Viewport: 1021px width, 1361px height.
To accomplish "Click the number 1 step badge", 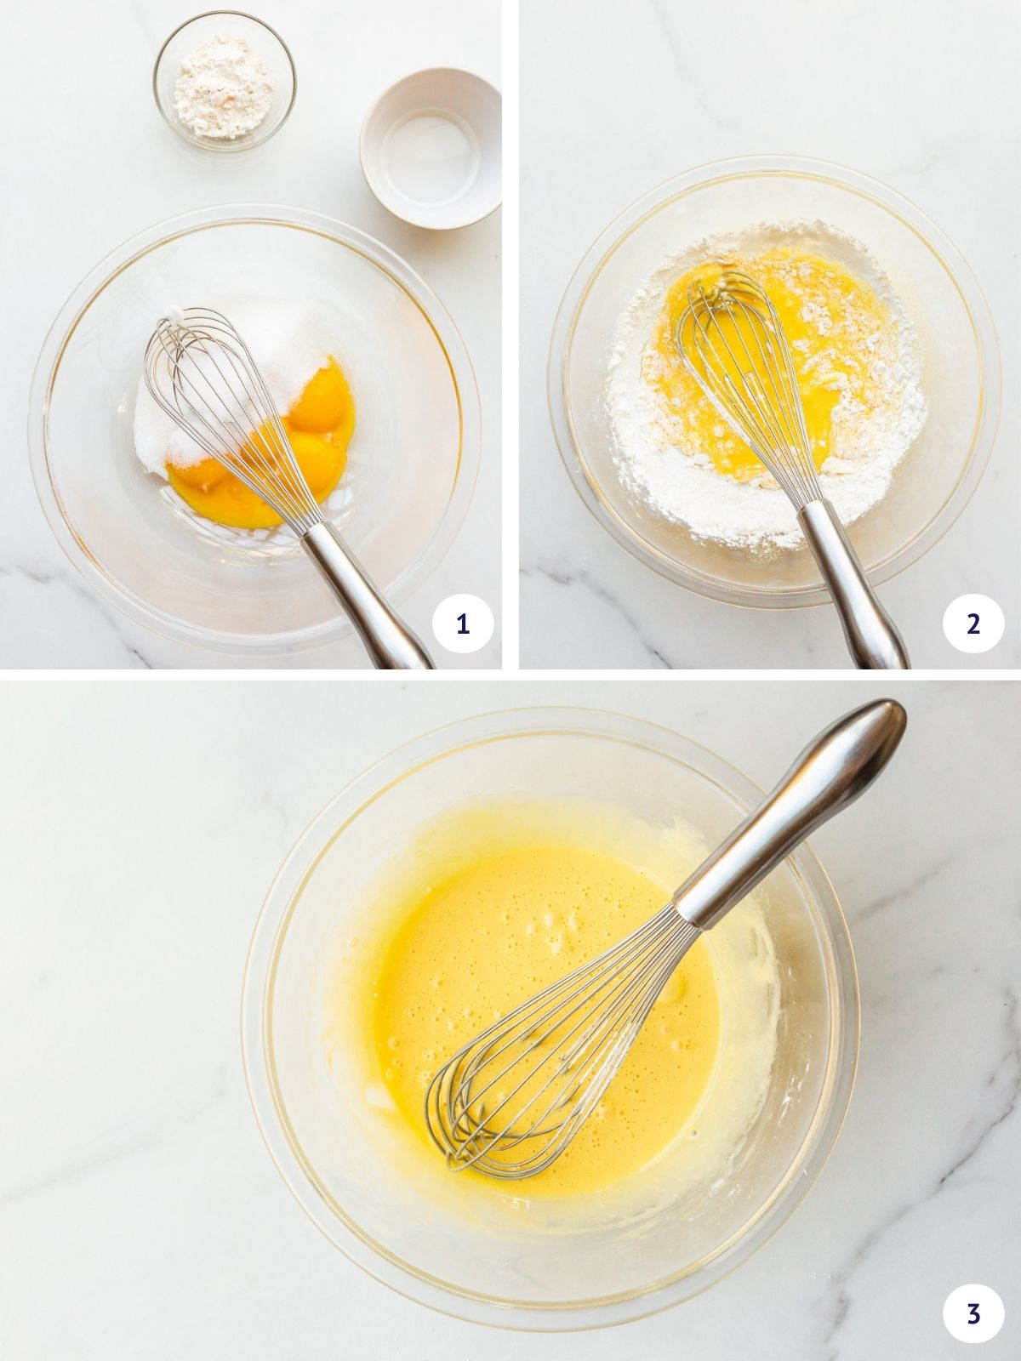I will (x=462, y=625).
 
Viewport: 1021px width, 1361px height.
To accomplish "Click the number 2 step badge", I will (x=973, y=625).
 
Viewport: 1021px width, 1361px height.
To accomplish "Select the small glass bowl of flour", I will (x=225, y=82).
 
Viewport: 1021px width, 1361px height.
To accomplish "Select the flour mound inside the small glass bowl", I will (x=223, y=85).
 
